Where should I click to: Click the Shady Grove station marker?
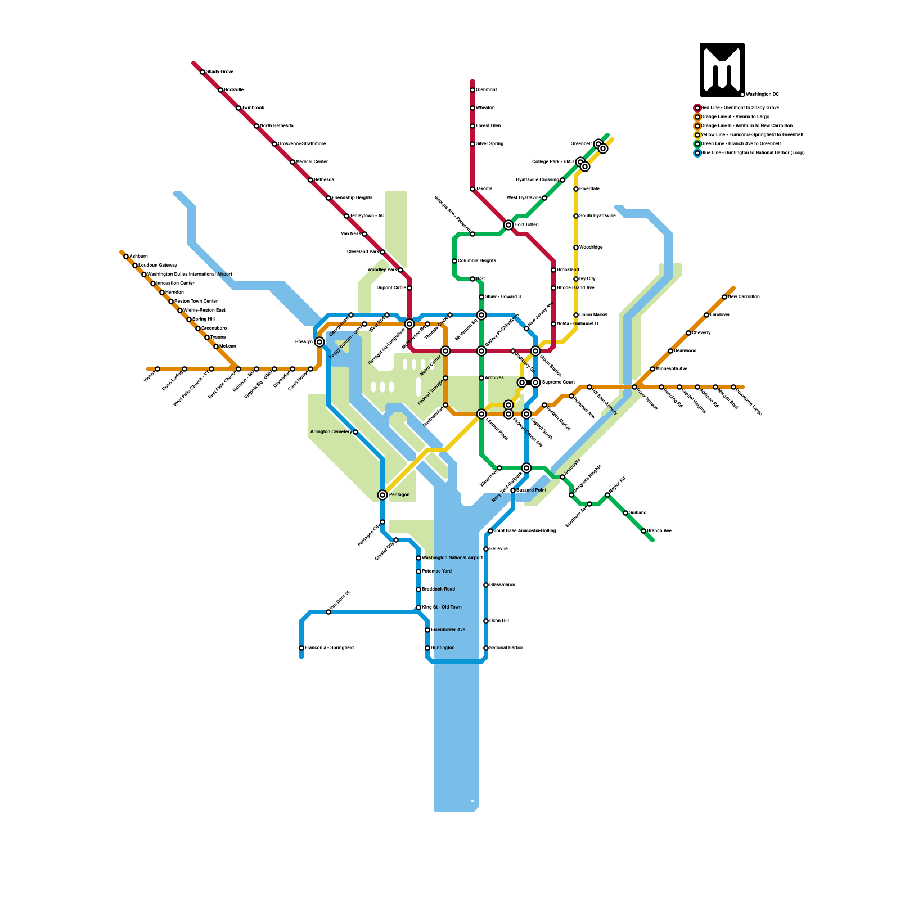click(x=202, y=72)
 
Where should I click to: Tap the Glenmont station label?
click(x=487, y=90)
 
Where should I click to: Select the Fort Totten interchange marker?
click(x=508, y=225)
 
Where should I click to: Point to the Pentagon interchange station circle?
click(x=382, y=495)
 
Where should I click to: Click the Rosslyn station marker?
click(x=319, y=342)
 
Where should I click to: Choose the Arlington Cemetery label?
click(x=331, y=432)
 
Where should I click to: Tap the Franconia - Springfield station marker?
click(x=301, y=648)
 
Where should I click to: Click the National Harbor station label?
click(x=506, y=648)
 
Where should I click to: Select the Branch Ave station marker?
click(x=643, y=531)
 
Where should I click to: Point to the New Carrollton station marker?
click(x=724, y=297)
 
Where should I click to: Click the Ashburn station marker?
click(x=126, y=256)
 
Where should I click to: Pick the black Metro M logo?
click(x=722, y=70)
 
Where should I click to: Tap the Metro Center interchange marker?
click(x=445, y=351)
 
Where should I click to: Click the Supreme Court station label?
click(x=559, y=382)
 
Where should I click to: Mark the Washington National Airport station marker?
click(x=418, y=558)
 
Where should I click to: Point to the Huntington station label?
click(x=443, y=648)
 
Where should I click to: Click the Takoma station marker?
click(x=472, y=189)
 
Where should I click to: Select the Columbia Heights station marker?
click(x=454, y=261)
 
